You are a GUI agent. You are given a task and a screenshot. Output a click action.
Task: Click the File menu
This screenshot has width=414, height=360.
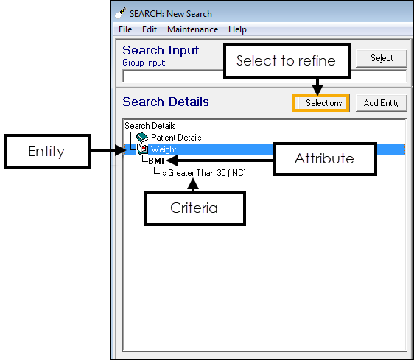point(125,29)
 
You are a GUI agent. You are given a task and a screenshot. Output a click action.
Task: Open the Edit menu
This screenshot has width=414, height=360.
point(150,29)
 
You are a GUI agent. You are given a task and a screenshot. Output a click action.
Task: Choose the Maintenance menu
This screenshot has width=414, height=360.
point(193,29)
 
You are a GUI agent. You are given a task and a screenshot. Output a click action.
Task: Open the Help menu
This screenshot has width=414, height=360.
point(237,29)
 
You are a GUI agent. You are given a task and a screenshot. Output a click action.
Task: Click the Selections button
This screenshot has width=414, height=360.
point(321,103)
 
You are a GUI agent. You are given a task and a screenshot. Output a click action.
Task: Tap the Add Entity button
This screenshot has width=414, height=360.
point(382,103)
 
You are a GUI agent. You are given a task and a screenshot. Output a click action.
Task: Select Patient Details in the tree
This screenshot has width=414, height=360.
point(176,138)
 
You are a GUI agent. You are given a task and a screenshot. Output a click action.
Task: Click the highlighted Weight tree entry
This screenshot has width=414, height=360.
point(164,149)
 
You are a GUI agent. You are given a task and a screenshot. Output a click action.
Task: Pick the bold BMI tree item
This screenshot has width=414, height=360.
point(156,160)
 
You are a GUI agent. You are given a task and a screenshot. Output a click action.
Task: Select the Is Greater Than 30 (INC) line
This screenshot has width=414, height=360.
point(203,173)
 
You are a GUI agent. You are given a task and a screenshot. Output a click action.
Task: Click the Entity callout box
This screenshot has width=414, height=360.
point(47,151)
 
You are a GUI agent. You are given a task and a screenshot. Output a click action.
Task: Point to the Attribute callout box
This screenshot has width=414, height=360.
point(324,159)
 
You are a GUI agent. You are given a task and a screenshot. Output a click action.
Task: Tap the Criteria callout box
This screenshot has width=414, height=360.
point(195,208)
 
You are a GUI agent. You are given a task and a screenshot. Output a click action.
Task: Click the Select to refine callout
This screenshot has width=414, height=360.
point(287,61)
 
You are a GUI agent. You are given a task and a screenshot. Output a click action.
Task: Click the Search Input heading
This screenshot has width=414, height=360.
point(161,50)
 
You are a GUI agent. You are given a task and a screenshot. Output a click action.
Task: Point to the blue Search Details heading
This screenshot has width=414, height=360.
point(166,102)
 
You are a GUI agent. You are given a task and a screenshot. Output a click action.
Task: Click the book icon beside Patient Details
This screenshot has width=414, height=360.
point(142,137)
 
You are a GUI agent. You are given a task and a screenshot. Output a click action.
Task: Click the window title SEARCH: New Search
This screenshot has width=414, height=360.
point(171,14)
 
